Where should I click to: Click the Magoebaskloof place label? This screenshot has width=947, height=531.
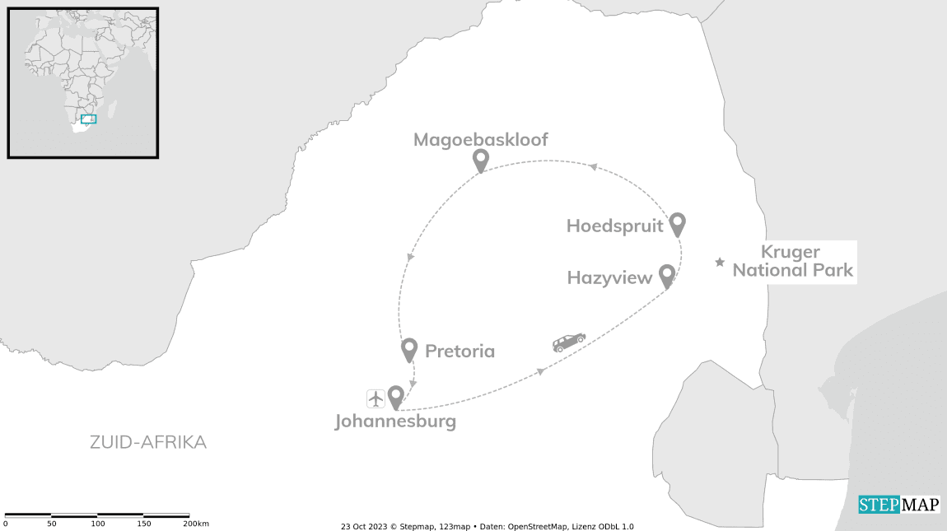[x=480, y=139]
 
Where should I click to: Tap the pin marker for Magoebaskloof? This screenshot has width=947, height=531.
[x=480, y=160]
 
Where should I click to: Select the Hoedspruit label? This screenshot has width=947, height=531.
[x=613, y=226]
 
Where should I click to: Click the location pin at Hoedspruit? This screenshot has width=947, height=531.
[x=677, y=223]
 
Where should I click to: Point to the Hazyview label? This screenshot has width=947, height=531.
[x=609, y=278]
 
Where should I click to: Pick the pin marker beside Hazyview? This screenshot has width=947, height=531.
[x=667, y=276]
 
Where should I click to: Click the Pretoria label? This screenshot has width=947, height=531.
[x=460, y=352]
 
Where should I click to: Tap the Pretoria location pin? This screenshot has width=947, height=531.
[x=408, y=349]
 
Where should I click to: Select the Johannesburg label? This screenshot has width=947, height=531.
[x=395, y=422]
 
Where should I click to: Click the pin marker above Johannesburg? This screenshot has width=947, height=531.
[x=395, y=397]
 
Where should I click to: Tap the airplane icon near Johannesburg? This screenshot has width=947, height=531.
[x=376, y=398]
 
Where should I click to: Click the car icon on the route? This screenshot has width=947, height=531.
[x=568, y=342]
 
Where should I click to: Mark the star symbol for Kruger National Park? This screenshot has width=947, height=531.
[x=720, y=263]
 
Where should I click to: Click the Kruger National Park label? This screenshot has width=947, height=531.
[x=792, y=261]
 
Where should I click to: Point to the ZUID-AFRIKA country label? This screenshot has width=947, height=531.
[x=148, y=443]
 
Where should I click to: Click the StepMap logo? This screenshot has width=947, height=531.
[x=898, y=505]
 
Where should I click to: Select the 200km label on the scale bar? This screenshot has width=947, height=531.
[x=195, y=524]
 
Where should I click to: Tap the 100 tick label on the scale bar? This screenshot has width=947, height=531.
[x=98, y=524]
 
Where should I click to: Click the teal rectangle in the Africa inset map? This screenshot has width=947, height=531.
[x=88, y=119]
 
